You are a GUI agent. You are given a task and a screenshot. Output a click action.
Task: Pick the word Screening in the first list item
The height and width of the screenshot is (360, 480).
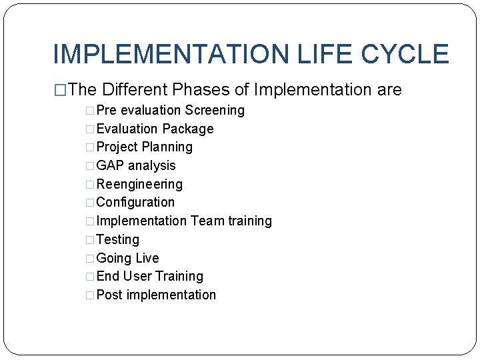click(x=215, y=111)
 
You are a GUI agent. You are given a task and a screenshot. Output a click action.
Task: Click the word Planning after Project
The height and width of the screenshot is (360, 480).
click(x=167, y=147)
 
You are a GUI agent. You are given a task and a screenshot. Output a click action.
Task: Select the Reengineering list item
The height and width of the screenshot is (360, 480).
click(x=139, y=185)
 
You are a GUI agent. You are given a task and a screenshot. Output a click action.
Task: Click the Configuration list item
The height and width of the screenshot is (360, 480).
click(x=135, y=203)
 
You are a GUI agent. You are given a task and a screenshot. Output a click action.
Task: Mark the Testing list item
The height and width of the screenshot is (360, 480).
click(x=118, y=240)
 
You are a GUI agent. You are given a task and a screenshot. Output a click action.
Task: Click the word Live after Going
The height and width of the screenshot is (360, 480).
click(x=147, y=258)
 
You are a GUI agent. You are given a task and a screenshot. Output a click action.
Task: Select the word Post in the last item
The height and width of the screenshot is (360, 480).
click(x=109, y=295)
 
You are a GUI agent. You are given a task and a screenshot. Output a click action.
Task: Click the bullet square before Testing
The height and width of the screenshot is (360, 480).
click(x=91, y=240)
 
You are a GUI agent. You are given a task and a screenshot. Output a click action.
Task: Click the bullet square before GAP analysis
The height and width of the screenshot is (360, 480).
click(x=91, y=166)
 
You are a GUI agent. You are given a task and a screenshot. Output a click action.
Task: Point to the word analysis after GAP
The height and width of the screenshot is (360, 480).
click(x=152, y=166)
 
